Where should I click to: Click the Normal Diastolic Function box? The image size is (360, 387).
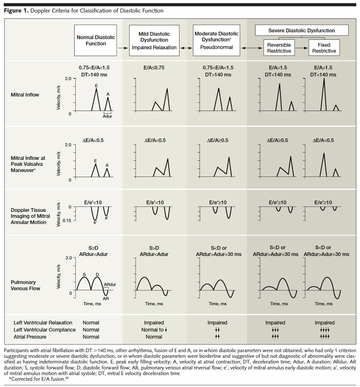coord(96,40)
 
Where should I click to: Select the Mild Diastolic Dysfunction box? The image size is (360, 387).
coord(154,40)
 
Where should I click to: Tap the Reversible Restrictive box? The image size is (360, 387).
coord(279,48)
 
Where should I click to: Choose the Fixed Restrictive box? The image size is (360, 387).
coord(324,48)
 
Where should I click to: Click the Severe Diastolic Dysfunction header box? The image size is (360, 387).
coord(301,30)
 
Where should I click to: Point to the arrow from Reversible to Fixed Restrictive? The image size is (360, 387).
coord(301,48)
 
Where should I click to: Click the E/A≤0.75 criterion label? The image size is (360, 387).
coord(155,67)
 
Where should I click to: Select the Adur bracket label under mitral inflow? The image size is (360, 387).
coord(107,116)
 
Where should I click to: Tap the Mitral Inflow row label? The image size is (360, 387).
coord(25,95)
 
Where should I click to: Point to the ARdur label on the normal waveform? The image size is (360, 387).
coord(110,284)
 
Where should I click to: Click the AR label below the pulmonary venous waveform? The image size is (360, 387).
coord(105,298)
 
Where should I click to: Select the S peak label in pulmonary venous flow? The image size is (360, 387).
coord(85,275)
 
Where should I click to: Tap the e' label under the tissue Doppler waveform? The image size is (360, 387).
coord(95,223)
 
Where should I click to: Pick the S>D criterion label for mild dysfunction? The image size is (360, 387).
coord(155,248)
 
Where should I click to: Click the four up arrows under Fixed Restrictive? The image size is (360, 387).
coord(324,337)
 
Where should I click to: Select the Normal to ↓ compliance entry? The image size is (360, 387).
coord(154,330)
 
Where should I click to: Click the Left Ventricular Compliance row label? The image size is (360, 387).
coord(44,330)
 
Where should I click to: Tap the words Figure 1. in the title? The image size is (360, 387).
coord(16,11)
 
